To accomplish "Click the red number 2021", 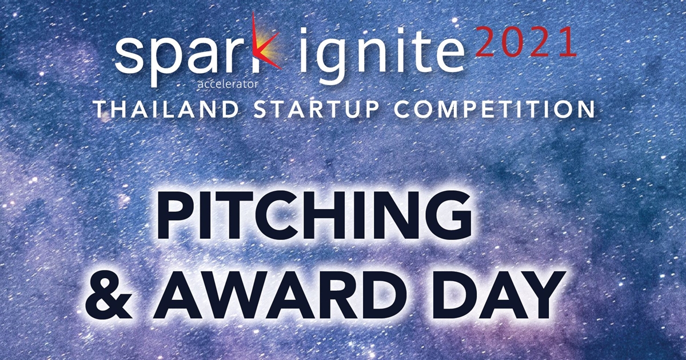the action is coord(526,42).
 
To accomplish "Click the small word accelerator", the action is coord(228,84).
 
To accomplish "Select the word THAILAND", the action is coord(166,109).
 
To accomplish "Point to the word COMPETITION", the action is coord(494,109).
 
